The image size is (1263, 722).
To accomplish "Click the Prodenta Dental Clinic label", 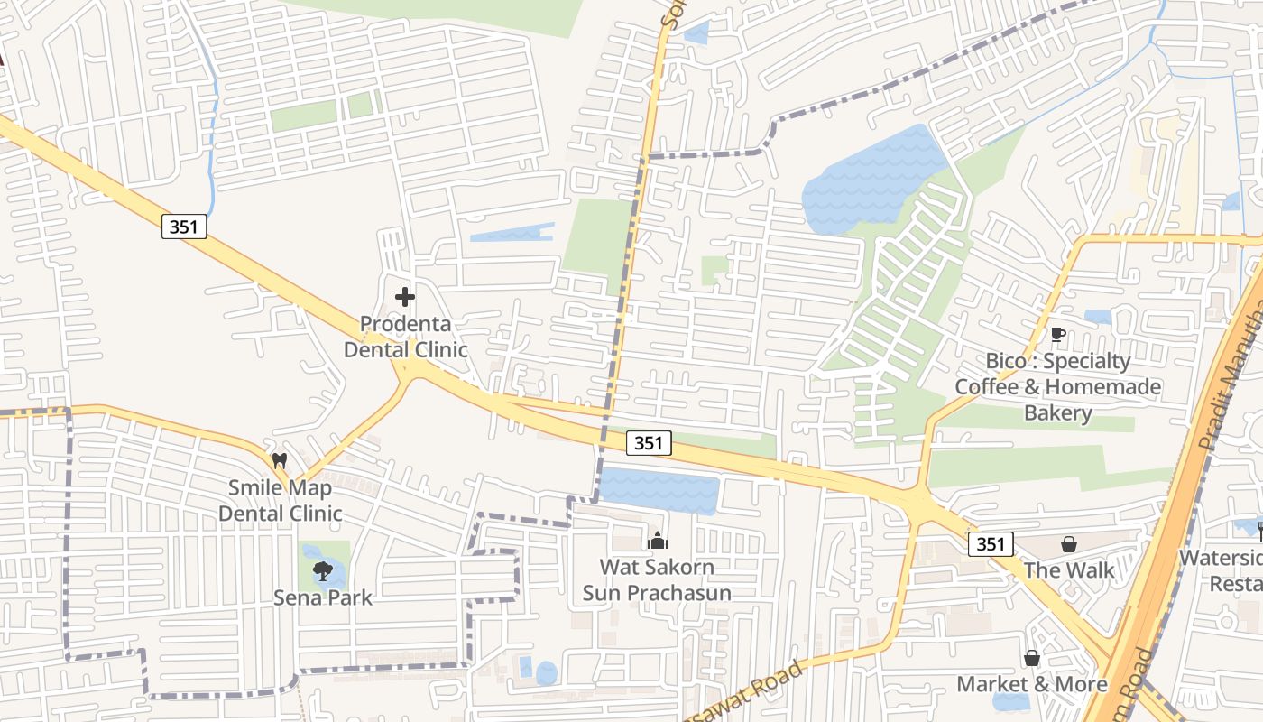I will [x=405, y=337].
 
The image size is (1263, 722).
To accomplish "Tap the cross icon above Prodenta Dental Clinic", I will [x=405, y=296].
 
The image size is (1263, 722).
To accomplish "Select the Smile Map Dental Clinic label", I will [x=280, y=501].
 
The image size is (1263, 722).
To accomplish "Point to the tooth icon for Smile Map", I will [x=279, y=459].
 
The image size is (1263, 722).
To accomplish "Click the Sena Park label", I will [x=323, y=597].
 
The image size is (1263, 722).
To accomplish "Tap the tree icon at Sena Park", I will [x=322, y=570].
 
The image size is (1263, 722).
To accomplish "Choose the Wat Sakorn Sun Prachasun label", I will [x=657, y=580].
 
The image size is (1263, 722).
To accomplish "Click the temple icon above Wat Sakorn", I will [x=658, y=541].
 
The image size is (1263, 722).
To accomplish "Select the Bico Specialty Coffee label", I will [x=1058, y=387].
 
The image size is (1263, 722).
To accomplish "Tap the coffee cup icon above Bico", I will [x=1058, y=335].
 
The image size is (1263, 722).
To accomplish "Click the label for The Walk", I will [x=1069, y=570].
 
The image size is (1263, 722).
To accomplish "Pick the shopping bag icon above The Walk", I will [x=1069, y=544].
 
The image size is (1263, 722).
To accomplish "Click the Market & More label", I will [x=1032, y=684].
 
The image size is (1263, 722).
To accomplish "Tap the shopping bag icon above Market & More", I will [x=1031, y=658].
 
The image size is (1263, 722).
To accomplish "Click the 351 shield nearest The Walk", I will [x=991, y=544].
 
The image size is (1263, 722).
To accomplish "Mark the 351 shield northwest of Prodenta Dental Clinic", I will [x=185, y=227].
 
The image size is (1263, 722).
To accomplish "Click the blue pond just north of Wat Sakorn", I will [x=659, y=490].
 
